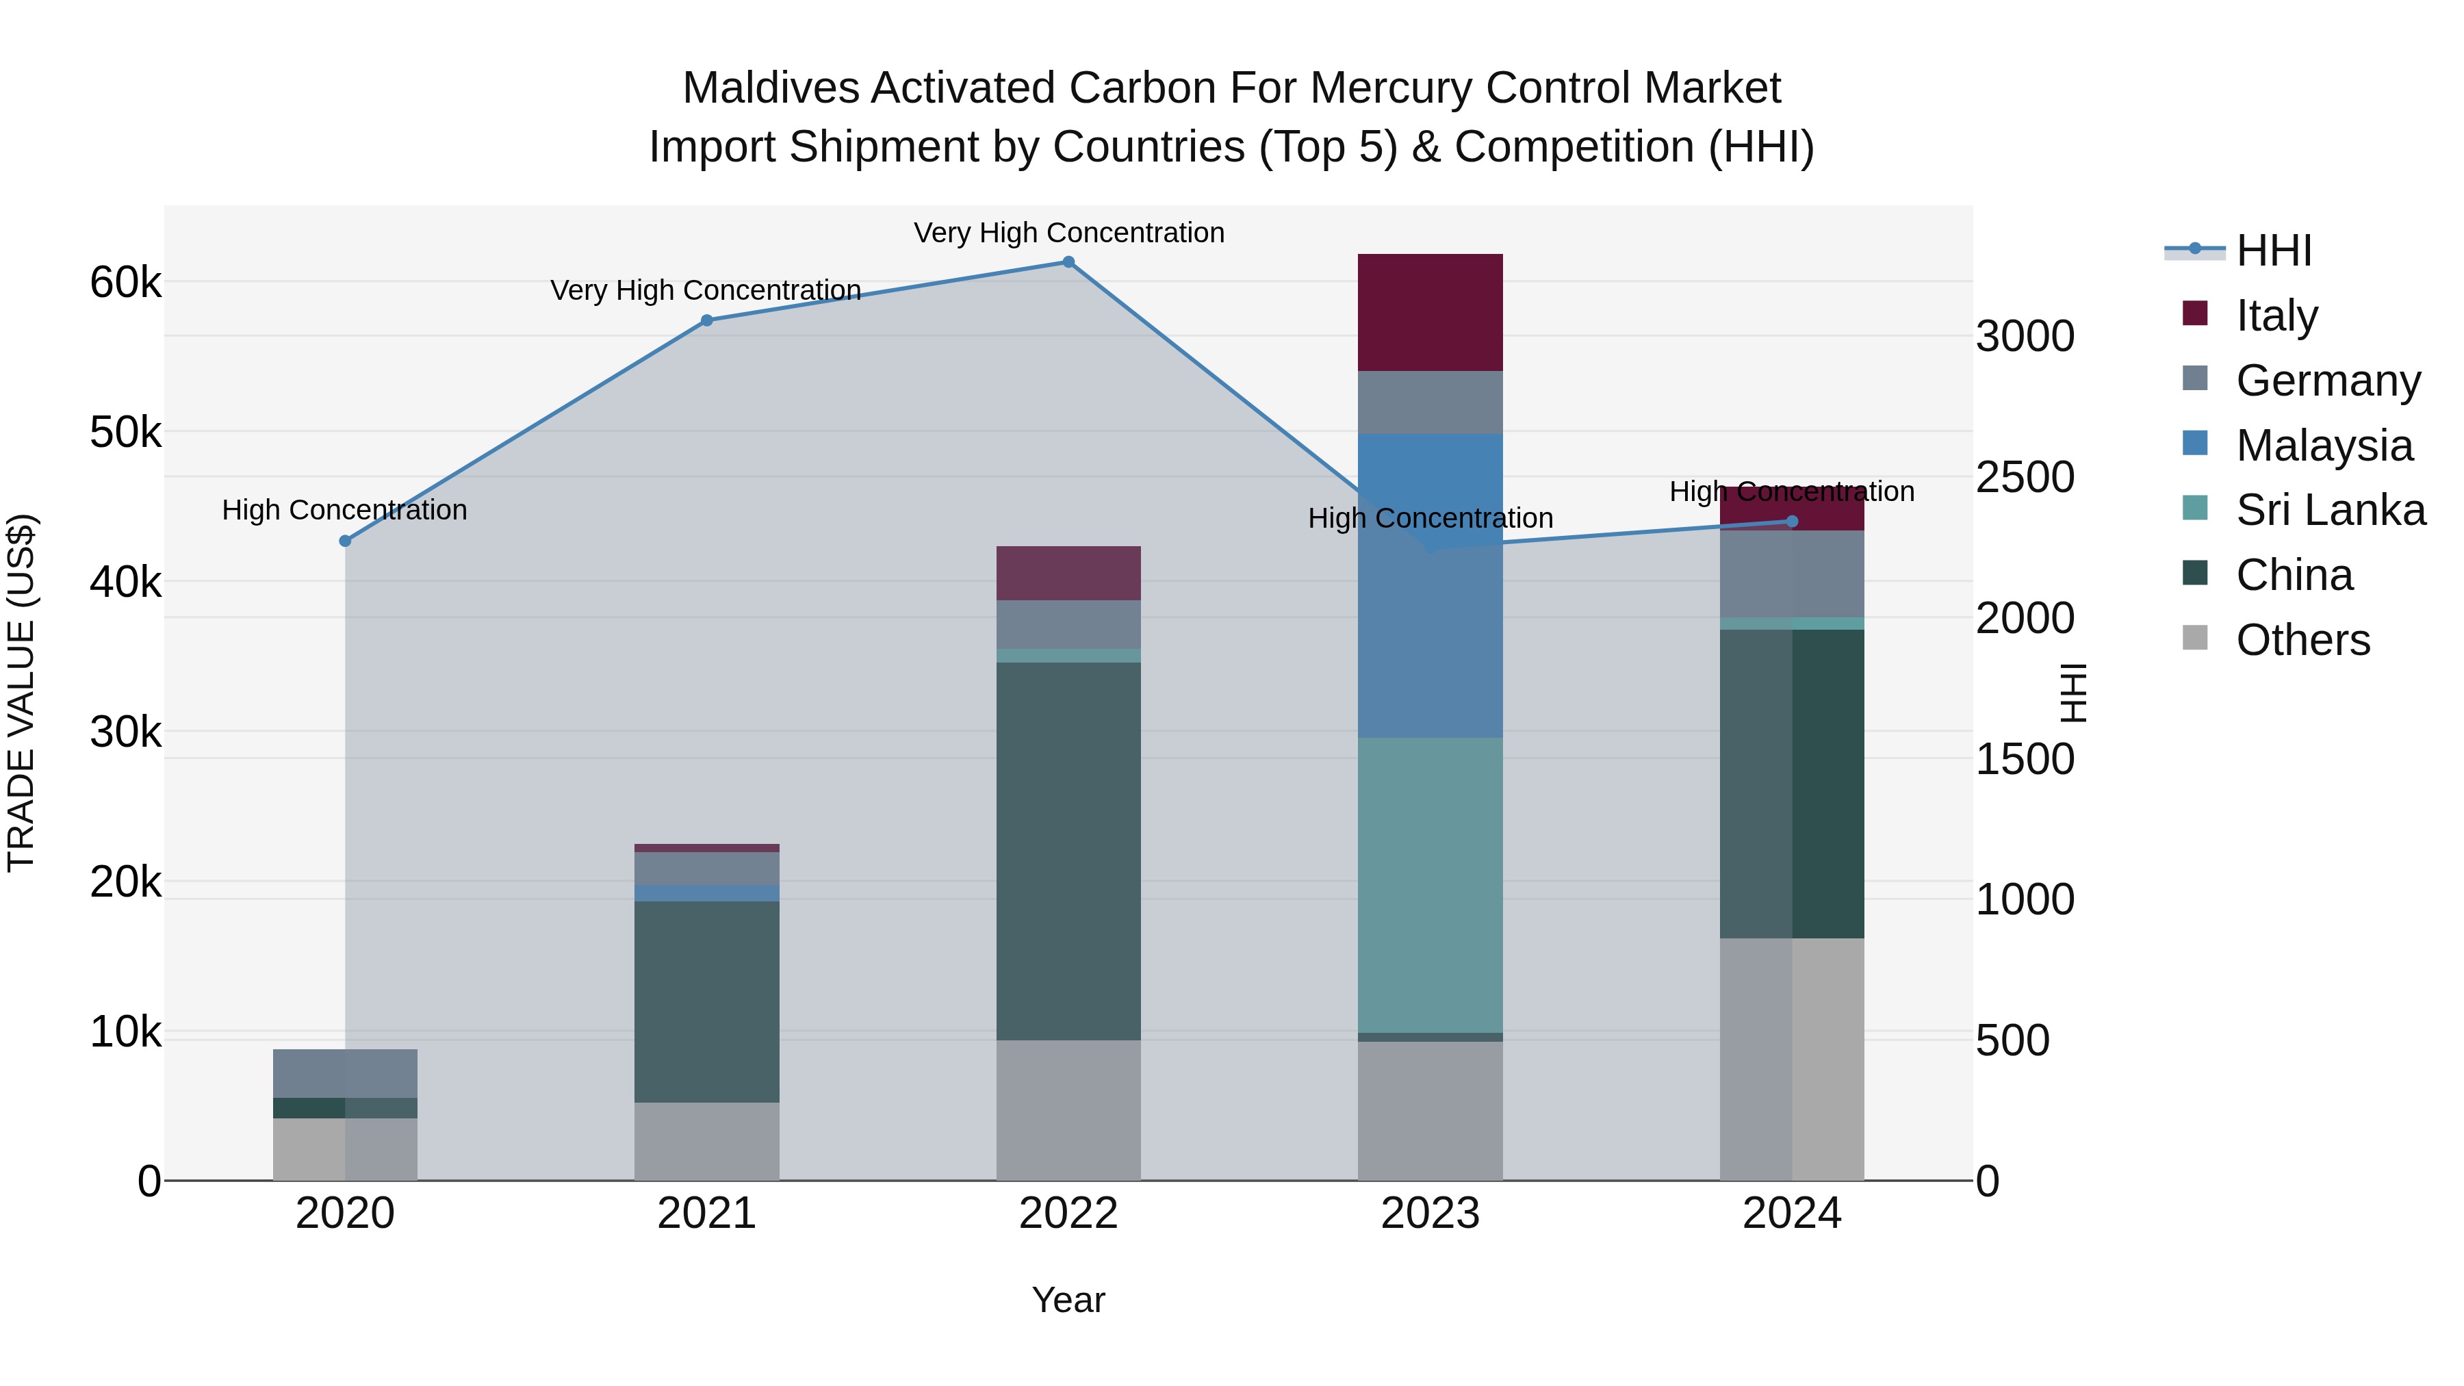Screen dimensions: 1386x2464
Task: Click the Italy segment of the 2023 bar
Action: point(1430,312)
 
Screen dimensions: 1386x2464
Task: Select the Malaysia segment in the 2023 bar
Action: point(1430,585)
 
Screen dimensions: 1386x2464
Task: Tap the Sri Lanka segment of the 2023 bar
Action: point(1430,885)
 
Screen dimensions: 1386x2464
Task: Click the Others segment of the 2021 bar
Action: point(707,1141)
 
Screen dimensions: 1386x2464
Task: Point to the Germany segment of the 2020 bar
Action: point(346,1073)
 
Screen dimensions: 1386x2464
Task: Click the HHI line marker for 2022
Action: point(1068,262)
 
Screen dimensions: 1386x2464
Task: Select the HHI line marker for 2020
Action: point(346,541)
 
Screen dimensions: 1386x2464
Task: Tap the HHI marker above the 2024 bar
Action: point(1793,522)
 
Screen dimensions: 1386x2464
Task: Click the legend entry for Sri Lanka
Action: point(2330,510)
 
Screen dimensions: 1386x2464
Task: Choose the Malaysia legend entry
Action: point(2324,446)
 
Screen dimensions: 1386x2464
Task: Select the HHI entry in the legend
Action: point(2274,251)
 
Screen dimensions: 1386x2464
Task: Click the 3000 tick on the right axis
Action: point(2025,337)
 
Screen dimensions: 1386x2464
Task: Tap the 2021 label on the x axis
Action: point(707,1214)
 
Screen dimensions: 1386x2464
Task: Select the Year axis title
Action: point(1068,1300)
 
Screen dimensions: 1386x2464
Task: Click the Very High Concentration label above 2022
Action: point(1068,233)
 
